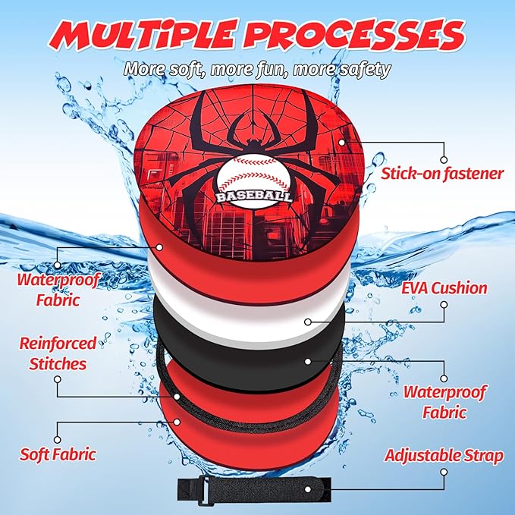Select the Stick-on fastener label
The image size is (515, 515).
point(442,173)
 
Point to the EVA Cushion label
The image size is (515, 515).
point(444,288)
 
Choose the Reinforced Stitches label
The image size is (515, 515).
point(58,353)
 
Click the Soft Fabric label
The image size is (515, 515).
point(58,454)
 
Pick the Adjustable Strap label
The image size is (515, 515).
point(444,456)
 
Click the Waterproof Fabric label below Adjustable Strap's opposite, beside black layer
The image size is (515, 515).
point(444,402)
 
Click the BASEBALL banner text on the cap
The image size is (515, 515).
point(254,196)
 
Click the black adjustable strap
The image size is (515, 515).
point(254,489)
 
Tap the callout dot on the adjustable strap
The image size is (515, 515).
point(308,489)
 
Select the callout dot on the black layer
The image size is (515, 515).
point(308,361)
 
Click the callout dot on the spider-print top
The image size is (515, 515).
point(342,143)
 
